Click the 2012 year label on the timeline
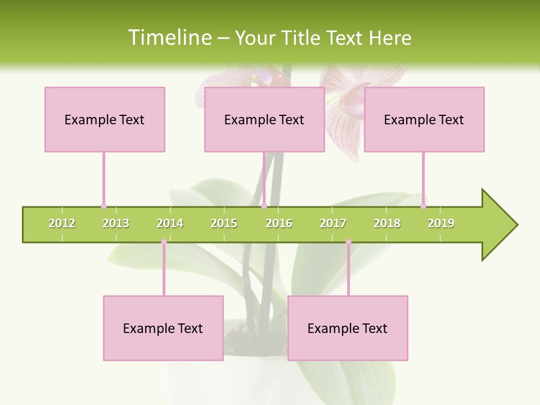coord(62,223)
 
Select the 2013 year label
coord(116,223)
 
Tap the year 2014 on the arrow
coord(170,223)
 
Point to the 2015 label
coord(224,223)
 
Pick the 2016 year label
coord(279,223)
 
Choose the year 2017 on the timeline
coord(333,223)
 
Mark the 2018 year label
coord(387,223)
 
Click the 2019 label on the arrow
coord(441,223)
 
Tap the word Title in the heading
coord(303,38)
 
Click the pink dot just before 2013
coord(103,206)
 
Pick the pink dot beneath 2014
coord(164,242)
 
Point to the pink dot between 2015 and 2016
coord(264,206)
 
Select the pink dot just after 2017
coord(348,242)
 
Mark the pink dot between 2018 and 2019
coord(423,206)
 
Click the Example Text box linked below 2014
coord(163,328)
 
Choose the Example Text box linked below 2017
coord(348,328)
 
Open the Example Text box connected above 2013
coord(105,119)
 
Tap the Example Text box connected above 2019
coord(424,119)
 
